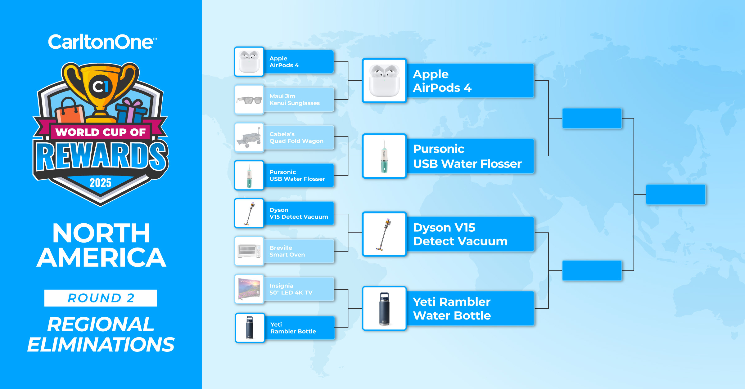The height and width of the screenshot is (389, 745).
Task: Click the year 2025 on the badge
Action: [x=100, y=183]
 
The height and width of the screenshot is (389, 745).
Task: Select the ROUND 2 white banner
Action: [x=101, y=298]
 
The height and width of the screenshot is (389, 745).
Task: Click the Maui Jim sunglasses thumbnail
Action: [x=249, y=100]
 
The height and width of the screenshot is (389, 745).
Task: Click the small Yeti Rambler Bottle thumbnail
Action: [x=250, y=328]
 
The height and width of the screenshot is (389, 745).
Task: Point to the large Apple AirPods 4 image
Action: [x=384, y=81]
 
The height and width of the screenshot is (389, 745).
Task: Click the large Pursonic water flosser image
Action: [x=384, y=156]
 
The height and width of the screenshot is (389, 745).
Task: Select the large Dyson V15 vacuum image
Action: [x=384, y=234]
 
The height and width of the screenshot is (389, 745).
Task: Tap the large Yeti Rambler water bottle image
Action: [x=384, y=308]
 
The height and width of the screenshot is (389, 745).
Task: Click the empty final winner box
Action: [x=676, y=194]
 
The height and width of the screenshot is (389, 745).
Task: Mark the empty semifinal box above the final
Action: [x=592, y=118]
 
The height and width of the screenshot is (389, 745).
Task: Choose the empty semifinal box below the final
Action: [x=592, y=271]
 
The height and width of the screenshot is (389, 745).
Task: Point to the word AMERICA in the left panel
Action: [x=102, y=257]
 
